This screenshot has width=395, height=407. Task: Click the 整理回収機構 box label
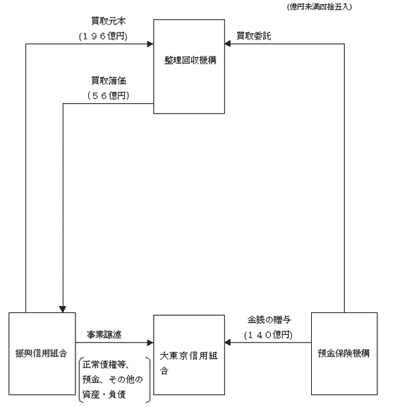click(x=190, y=60)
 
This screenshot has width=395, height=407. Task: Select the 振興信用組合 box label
click(x=42, y=353)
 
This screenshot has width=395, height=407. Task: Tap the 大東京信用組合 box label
click(x=189, y=363)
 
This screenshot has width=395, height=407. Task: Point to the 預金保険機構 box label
click(x=344, y=353)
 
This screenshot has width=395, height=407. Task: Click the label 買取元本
click(x=109, y=21)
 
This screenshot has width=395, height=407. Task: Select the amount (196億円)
click(x=103, y=36)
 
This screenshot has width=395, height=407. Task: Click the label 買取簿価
click(x=109, y=81)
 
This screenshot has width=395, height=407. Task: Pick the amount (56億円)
click(x=109, y=95)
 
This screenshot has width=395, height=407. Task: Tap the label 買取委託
click(x=254, y=36)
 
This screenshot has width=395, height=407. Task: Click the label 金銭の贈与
click(x=269, y=320)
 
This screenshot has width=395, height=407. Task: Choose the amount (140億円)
click(x=268, y=335)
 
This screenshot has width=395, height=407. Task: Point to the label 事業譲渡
click(x=104, y=335)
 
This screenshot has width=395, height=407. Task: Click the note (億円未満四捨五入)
click(x=320, y=7)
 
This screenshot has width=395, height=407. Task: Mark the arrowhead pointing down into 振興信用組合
click(x=63, y=309)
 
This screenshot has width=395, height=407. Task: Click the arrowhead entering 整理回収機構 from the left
click(x=150, y=44)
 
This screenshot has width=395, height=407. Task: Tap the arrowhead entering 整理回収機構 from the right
click(x=228, y=44)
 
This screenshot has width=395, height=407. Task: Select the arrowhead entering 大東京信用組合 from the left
click(x=150, y=343)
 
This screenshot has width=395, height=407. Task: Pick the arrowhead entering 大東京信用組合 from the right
click(x=228, y=343)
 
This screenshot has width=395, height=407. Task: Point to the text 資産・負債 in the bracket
click(x=104, y=394)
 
